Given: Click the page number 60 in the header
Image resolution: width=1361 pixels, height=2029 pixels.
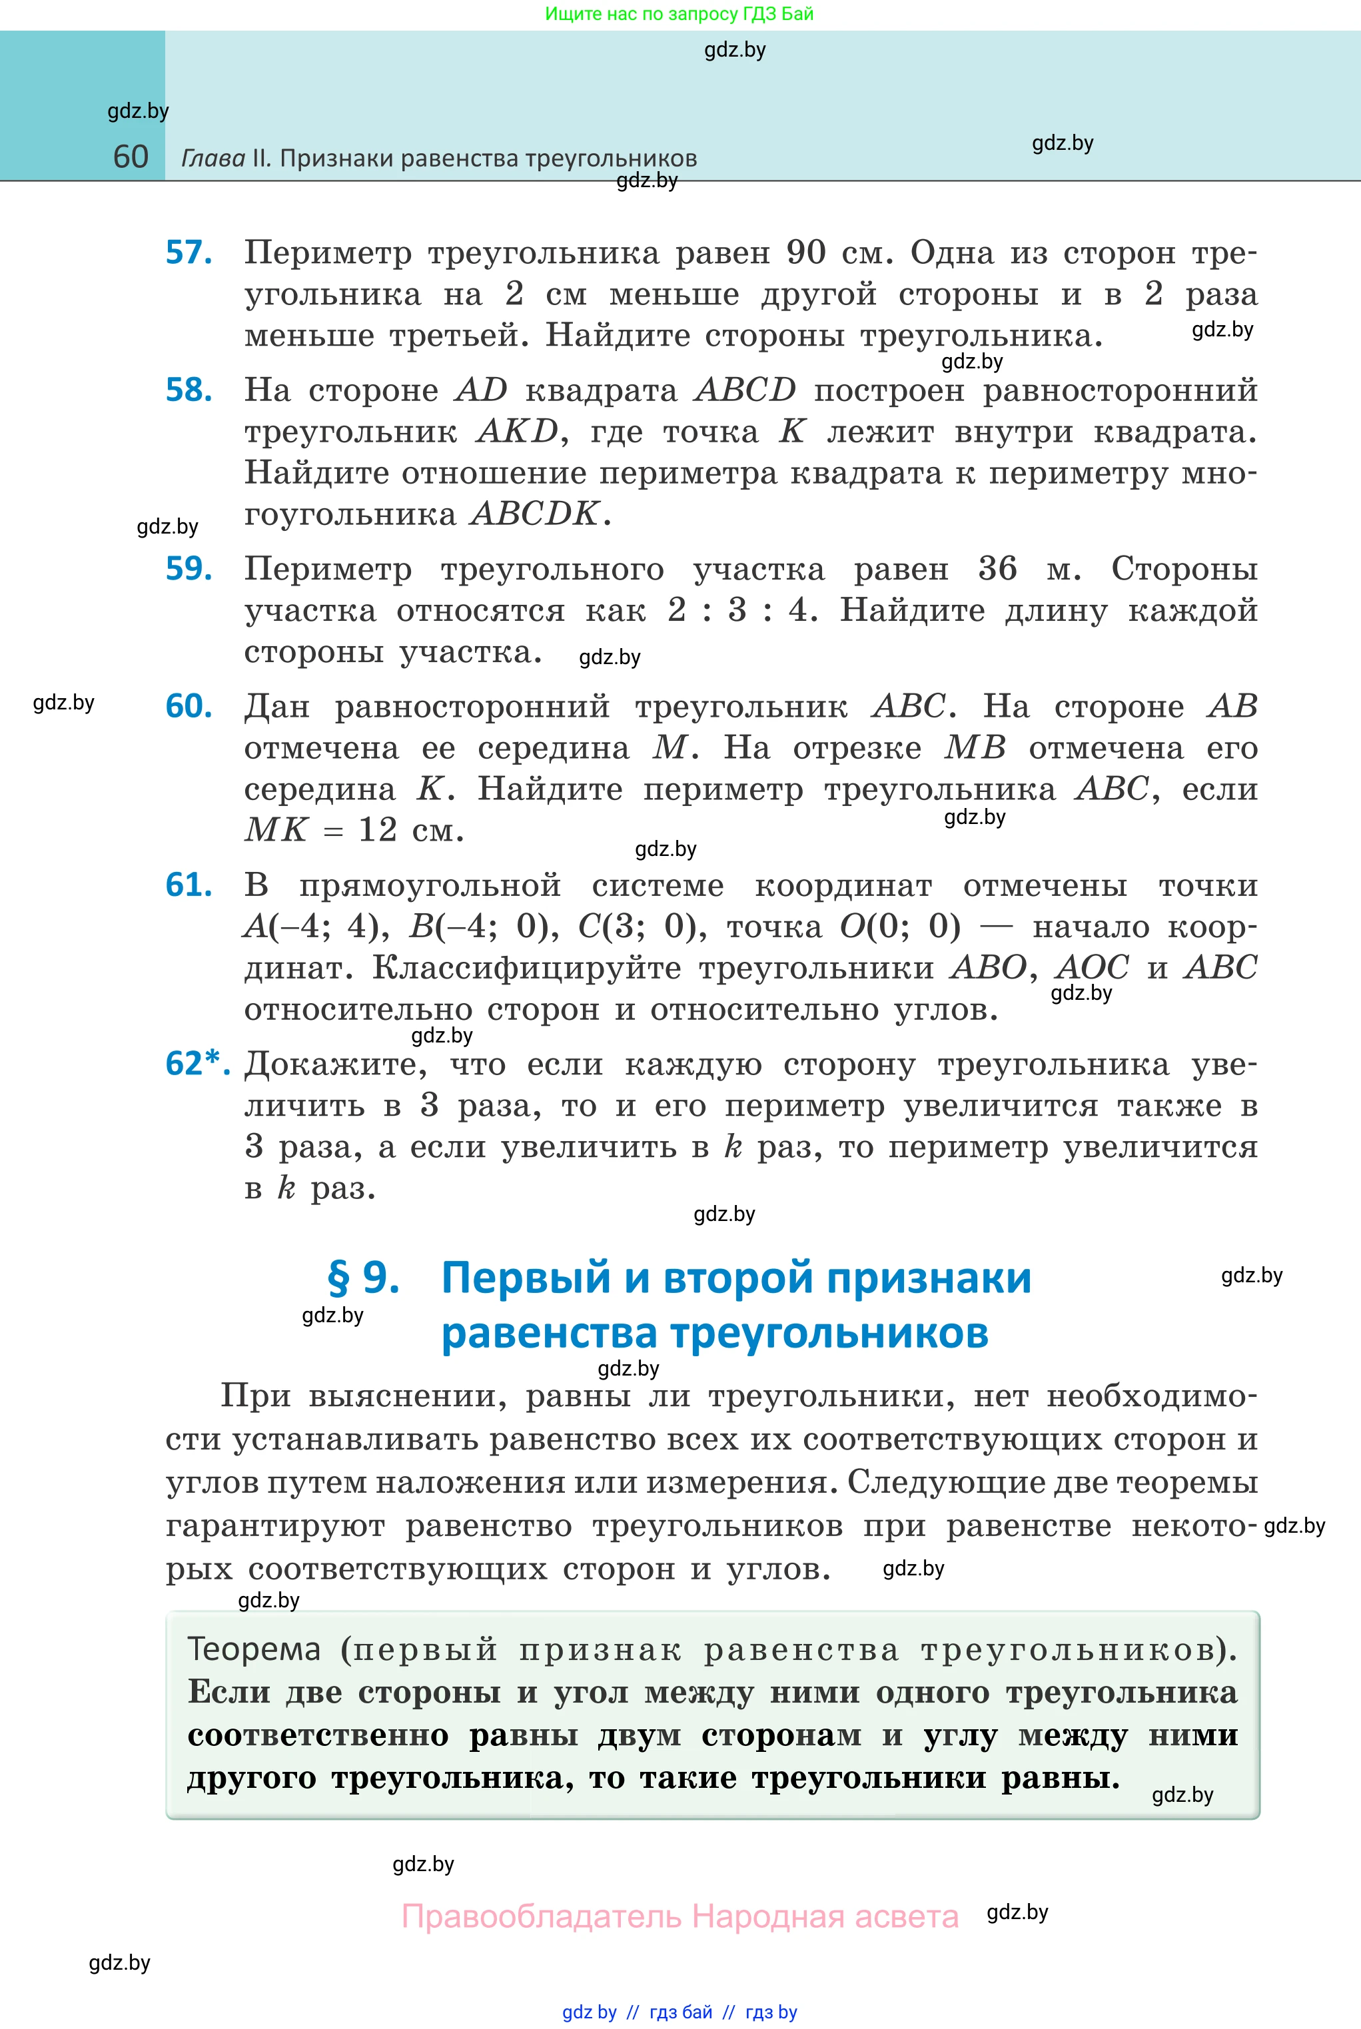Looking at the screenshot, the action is click(x=131, y=157).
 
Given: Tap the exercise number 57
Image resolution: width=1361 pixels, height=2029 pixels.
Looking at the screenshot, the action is click(x=189, y=252).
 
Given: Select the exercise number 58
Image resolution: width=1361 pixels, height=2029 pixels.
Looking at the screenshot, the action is click(x=189, y=390).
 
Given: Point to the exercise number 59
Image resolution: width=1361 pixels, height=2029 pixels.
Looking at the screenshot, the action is click(x=189, y=568).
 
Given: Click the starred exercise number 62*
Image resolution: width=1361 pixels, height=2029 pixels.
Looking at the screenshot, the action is click(x=197, y=1063).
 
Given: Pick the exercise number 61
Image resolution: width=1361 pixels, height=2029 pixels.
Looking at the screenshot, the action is click(x=189, y=885).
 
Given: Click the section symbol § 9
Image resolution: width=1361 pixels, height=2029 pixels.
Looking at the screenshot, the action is click(x=363, y=1278).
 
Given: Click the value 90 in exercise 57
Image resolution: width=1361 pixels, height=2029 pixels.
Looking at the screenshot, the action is click(x=806, y=252).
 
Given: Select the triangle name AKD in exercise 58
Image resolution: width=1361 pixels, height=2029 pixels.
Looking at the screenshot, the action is click(x=518, y=432).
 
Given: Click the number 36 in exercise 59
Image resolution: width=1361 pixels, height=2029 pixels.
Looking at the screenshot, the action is click(x=997, y=568).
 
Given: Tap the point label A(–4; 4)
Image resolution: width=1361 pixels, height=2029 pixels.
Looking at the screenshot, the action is click(x=316, y=926).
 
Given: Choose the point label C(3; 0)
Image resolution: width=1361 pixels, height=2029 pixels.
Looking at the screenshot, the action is click(x=642, y=926).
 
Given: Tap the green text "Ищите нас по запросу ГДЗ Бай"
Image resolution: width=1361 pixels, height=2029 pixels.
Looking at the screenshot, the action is click(x=680, y=14).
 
